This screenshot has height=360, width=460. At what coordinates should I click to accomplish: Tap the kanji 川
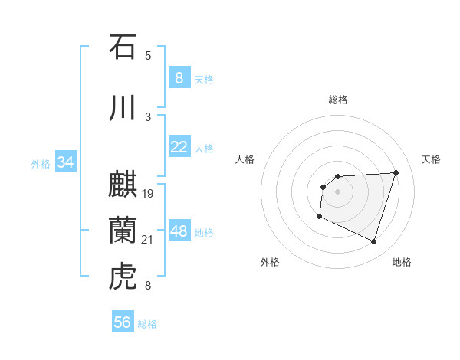122,108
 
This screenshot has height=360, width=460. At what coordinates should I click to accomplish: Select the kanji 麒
122,185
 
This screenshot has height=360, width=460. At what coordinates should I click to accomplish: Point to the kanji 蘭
122,231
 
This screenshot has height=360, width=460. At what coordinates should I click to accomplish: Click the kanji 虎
122,277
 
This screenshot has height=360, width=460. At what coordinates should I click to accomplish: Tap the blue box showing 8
179,77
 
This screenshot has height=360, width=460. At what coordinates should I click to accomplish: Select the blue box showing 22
179,147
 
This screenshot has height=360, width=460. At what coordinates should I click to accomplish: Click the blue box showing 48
179,231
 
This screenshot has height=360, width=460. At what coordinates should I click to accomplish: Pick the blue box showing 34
65,162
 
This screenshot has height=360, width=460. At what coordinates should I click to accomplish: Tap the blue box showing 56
123,322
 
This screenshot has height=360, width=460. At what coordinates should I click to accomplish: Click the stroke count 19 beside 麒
148,194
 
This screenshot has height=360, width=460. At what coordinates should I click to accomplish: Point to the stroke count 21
148,241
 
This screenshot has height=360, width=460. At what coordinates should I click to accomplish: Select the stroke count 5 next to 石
148,55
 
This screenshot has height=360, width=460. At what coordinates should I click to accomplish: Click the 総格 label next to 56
147,324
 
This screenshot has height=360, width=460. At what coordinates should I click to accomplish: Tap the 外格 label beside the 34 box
41,163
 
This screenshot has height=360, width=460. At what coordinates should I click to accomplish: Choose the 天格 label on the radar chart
432,159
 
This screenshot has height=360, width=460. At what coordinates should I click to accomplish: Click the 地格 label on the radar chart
402,262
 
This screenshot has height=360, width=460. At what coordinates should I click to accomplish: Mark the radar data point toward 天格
396,172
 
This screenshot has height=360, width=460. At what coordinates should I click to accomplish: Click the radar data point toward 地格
373,242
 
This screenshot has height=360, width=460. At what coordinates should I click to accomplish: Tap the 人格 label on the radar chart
245,159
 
